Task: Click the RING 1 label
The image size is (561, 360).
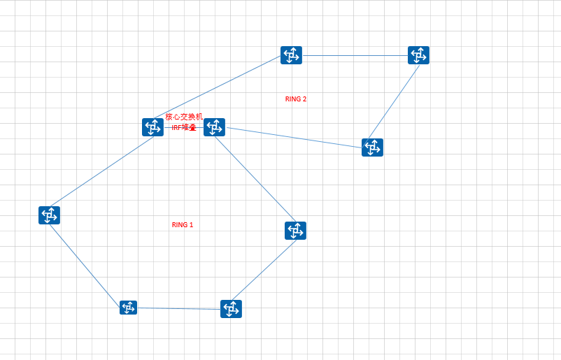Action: (183, 225)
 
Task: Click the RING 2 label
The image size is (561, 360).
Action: (296, 99)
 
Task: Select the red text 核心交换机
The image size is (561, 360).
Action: (184, 117)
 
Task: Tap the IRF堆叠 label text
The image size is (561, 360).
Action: (184, 127)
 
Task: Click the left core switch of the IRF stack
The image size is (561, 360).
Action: (152, 127)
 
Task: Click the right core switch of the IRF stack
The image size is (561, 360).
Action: (214, 127)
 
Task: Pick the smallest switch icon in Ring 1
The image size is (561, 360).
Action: (128, 308)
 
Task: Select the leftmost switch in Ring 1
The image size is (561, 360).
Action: (49, 215)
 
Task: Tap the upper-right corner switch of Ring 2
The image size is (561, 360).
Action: (418, 55)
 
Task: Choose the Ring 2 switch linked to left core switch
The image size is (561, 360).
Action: (291, 55)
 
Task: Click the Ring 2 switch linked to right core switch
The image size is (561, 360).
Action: (372, 147)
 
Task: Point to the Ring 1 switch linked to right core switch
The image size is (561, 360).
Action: (295, 231)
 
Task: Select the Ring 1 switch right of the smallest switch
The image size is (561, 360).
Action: (231, 309)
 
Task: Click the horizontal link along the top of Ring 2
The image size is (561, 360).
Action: (355, 55)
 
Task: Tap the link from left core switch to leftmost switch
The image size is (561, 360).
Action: (101, 171)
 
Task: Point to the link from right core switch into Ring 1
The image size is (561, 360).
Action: (255, 179)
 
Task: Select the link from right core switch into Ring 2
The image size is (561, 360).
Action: (294, 137)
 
